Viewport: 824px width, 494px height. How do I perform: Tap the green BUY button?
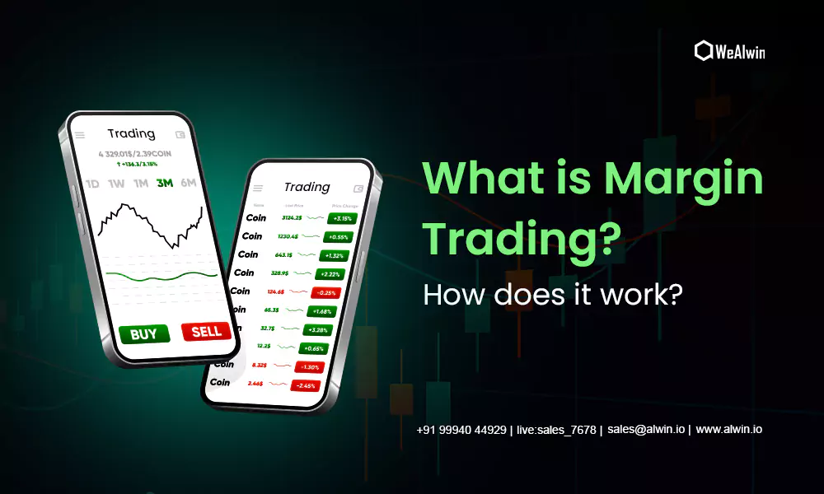tap(144, 333)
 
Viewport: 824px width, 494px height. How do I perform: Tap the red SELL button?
tap(206, 331)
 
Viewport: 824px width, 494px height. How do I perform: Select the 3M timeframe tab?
tap(165, 184)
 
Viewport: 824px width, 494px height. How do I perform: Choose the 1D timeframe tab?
tap(92, 184)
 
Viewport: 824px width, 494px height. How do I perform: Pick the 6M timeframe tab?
tap(189, 183)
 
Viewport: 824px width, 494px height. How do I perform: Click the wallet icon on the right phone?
tap(358, 189)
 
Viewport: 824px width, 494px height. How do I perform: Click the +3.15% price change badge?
tap(340, 219)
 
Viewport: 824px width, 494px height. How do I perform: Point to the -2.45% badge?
tap(307, 385)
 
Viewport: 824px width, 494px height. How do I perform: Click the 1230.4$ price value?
tap(288, 236)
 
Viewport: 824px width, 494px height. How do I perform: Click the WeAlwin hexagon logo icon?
tap(703, 50)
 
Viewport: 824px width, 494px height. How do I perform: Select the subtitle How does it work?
tap(552, 294)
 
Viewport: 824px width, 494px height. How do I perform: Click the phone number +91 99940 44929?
tap(461, 430)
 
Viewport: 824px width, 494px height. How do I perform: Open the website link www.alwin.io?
tap(728, 430)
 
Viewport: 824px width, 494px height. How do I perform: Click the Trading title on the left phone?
tap(131, 133)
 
